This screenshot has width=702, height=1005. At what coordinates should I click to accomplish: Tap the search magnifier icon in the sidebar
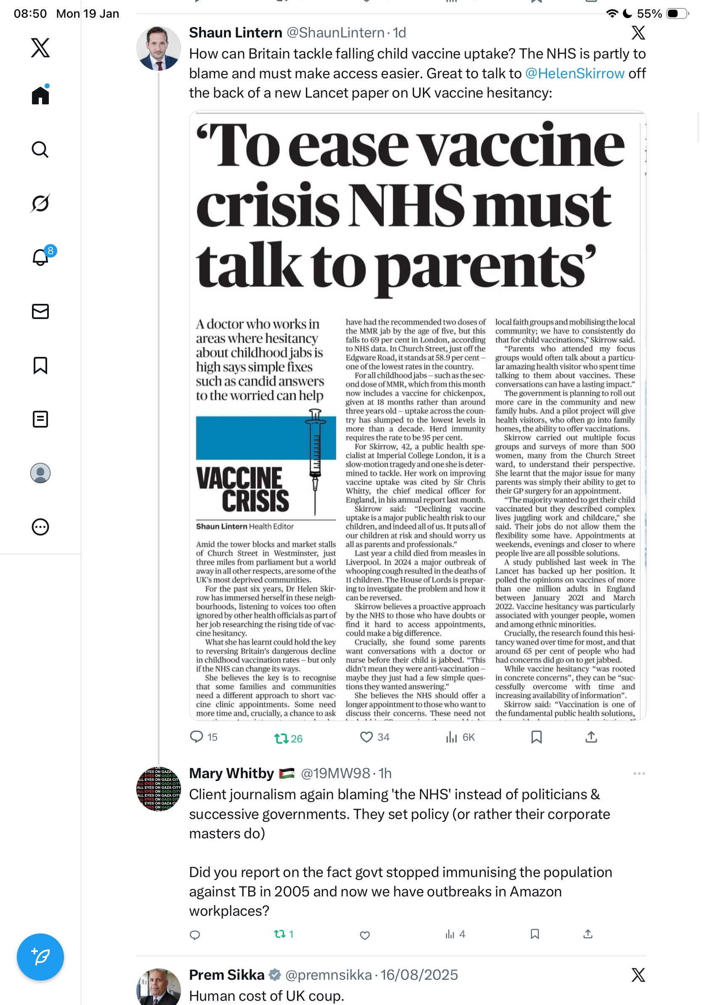[x=40, y=150]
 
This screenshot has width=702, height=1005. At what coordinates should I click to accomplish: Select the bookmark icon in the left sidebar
[x=40, y=365]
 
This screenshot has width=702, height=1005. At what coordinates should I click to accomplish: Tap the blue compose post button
[x=40, y=957]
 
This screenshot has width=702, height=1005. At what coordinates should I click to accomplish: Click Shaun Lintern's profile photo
[x=158, y=48]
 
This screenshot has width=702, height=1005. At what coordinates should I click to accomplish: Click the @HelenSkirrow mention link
[x=574, y=74]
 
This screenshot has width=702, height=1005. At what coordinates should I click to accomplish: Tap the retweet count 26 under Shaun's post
[x=288, y=739]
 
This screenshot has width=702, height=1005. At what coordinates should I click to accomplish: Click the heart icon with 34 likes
[x=366, y=737]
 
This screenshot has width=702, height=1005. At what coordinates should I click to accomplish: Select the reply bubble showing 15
[x=197, y=737]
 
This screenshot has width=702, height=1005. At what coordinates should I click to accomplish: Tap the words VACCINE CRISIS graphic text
[x=243, y=490]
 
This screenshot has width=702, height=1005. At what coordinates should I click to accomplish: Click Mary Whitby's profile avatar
[x=158, y=789]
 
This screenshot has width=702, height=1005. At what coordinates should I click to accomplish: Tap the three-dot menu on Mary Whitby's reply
[x=638, y=774]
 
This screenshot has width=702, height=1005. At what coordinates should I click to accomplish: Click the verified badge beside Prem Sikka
[x=275, y=975]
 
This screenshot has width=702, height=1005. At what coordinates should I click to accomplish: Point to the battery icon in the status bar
[x=677, y=13]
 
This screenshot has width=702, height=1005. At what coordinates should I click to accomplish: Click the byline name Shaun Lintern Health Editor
[x=244, y=526]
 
